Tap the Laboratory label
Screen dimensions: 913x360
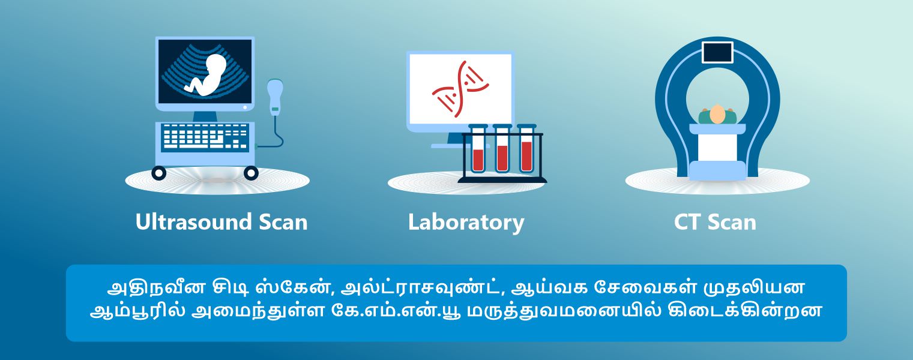tap(466, 223)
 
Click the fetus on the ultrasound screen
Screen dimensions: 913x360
tap(206, 76)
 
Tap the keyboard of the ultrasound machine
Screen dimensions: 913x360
tap(205, 136)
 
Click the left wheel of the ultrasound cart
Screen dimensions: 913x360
tap(158, 173)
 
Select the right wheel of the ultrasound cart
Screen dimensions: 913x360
tap(251, 173)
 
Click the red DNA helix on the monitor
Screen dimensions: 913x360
tap(460, 89)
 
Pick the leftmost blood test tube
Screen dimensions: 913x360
tap(478, 149)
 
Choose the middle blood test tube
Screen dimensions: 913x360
tap(502, 149)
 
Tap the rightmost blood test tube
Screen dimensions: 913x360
tap(526, 149)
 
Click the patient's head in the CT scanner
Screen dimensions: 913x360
tap(717, 114)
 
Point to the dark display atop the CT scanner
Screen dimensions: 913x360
tap(717, 53)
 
